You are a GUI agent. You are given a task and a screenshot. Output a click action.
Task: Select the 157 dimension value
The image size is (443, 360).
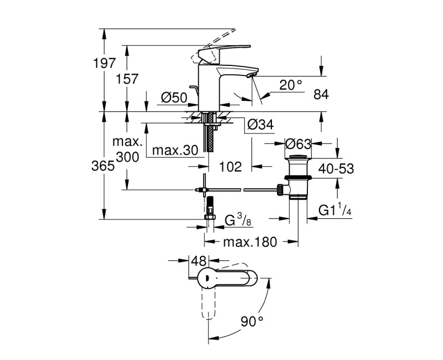tap(126, 79)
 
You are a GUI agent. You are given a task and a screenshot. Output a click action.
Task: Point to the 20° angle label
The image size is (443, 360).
tap(291, 84)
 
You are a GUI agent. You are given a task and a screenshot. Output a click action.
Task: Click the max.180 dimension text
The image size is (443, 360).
tap(252, 243)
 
